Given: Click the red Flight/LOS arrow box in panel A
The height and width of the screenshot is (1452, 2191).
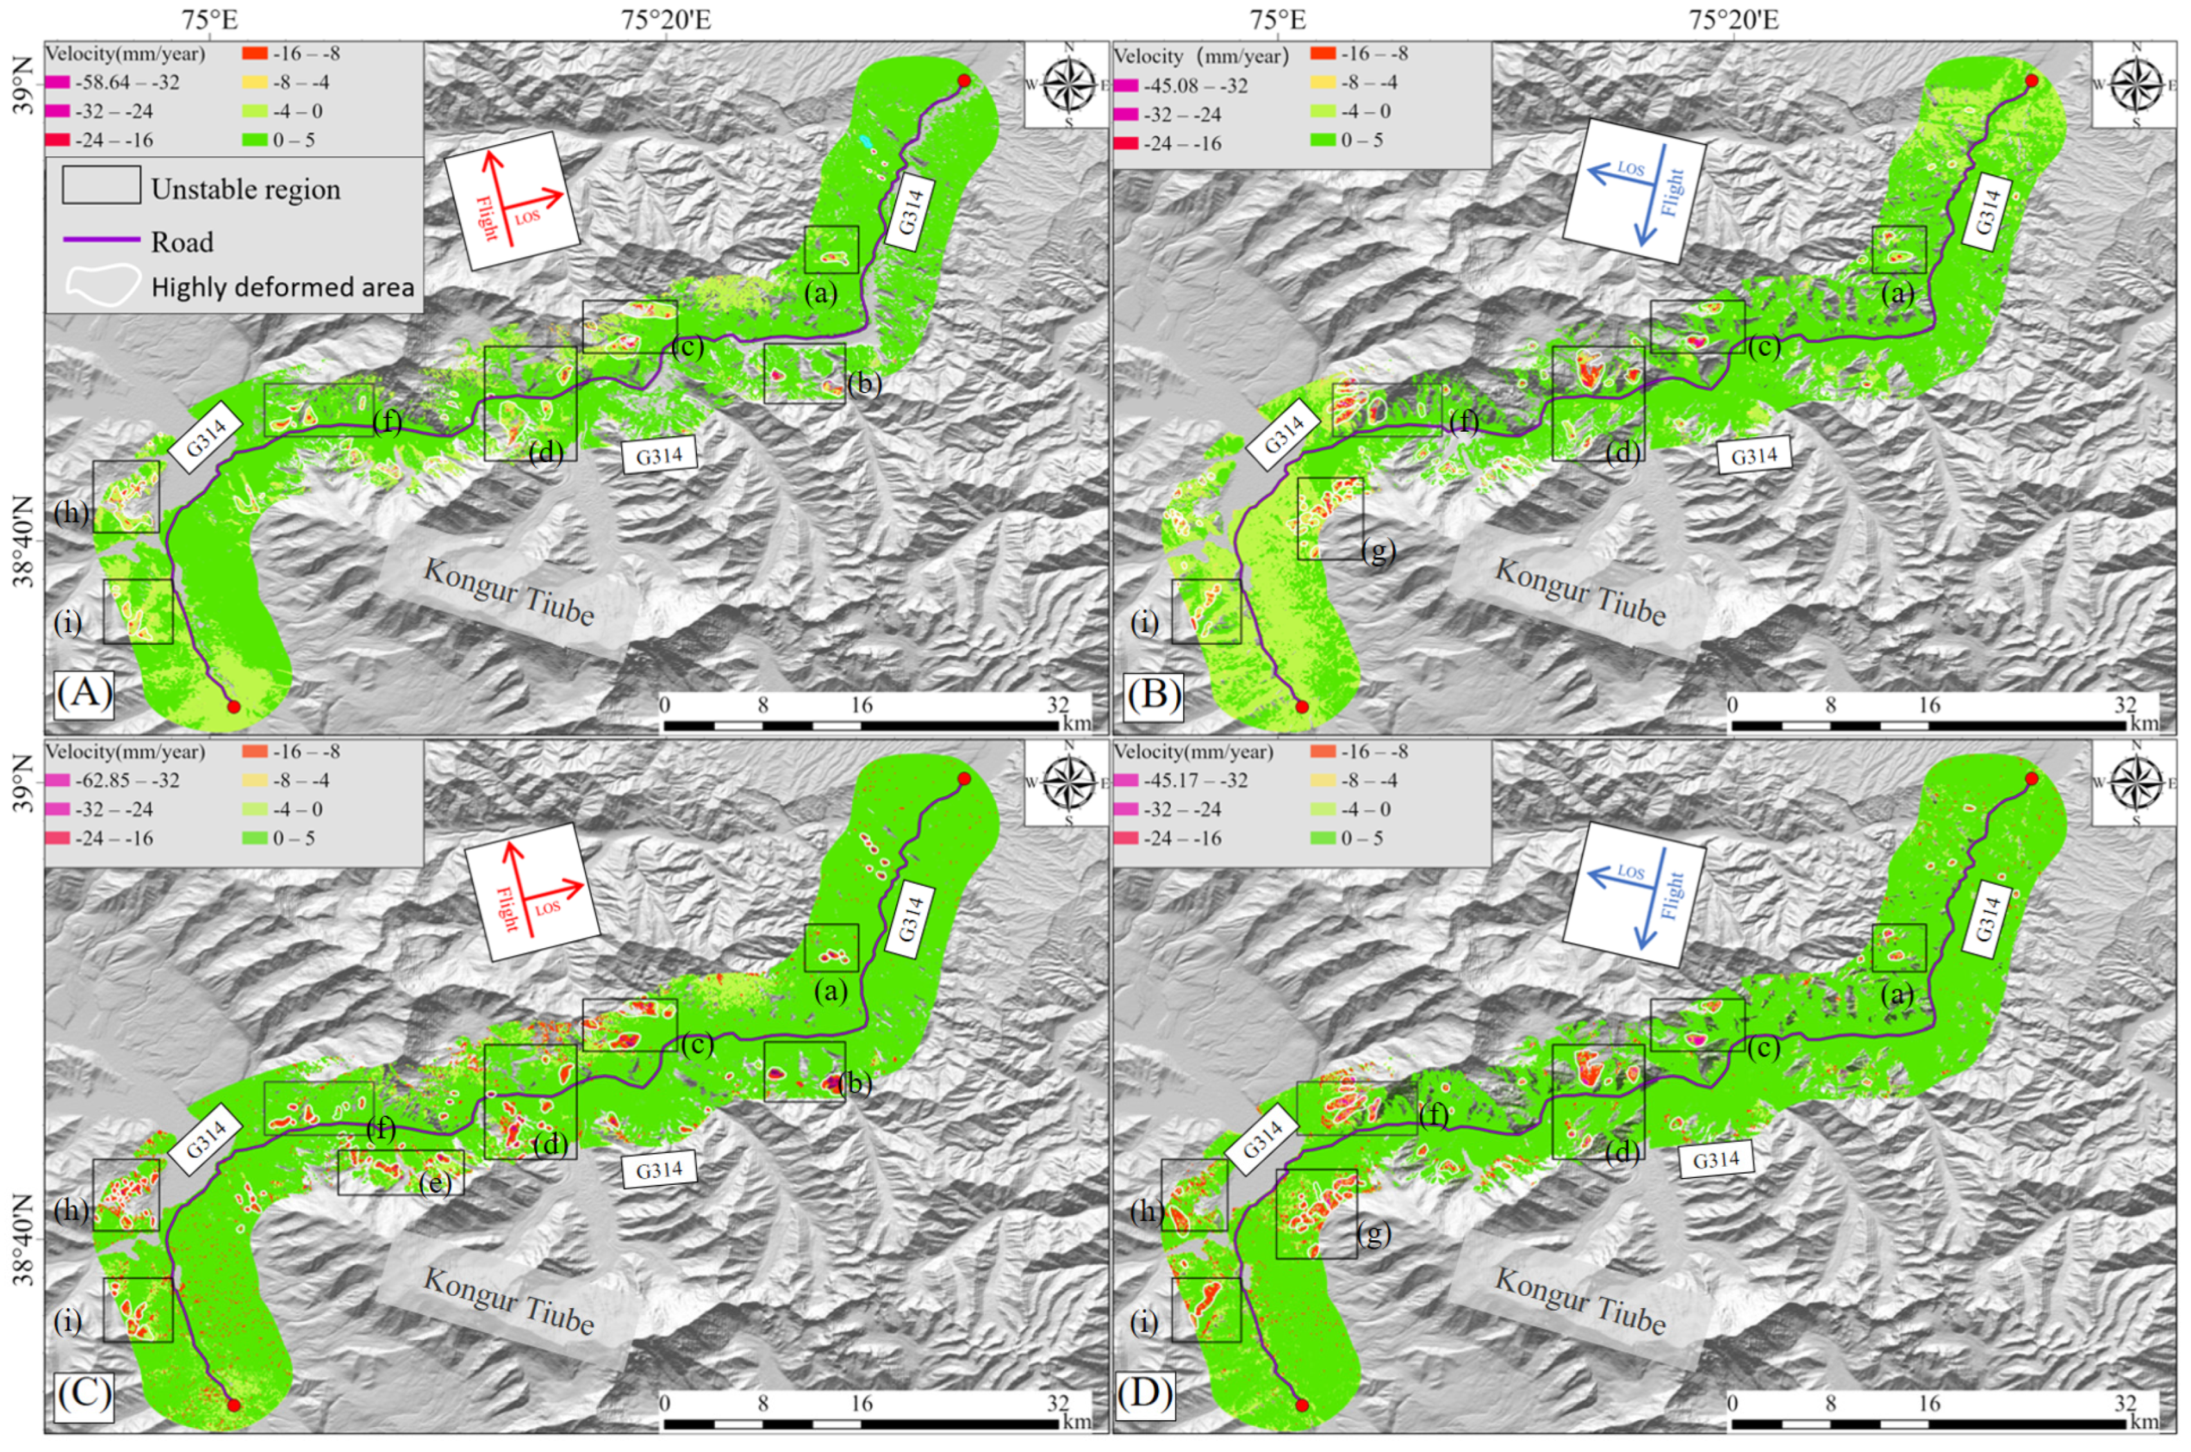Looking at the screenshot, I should [511, 200].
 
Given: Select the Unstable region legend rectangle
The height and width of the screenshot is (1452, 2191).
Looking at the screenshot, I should [101, 185].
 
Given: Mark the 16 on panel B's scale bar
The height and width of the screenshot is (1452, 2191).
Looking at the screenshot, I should [1929, 706].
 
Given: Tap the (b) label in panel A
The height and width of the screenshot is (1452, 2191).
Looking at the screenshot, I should [863, 383].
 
